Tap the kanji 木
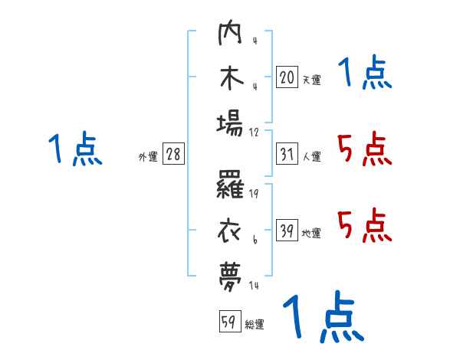click(230, 79)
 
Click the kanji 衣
click(230, 230)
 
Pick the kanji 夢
click(230, 273)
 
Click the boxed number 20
click(286, 77)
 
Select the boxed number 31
click(286, 155)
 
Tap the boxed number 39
click(286, 231)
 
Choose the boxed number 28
click(173, 155)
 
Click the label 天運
click(311, 79)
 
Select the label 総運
click(255, 324)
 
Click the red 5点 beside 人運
click(364, 149)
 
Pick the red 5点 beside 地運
click(364, 224)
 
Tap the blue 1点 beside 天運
click(364, 74)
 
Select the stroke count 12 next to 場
click(255, 132)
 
